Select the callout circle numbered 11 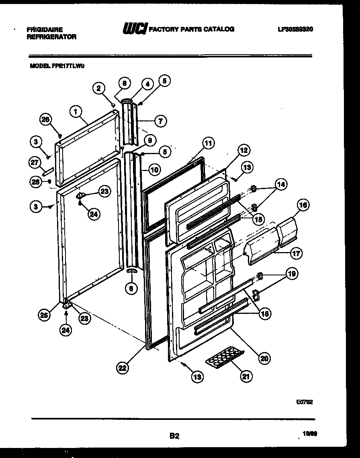[208, 143]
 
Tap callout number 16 [303, 205]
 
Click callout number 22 [123, 366]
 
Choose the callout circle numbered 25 [45, 316]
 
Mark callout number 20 [264, 358]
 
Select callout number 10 [154, 169]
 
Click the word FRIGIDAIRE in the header [44, 30]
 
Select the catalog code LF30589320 [295, 29]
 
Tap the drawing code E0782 [305, 401]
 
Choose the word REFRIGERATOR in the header [51, 37]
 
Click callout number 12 [243, 151]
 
